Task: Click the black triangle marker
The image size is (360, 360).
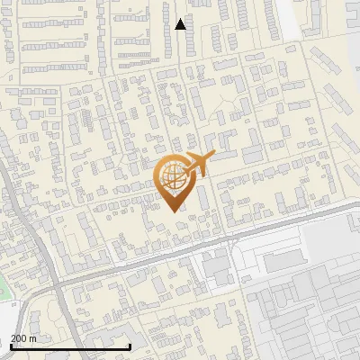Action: (x=180, y=24)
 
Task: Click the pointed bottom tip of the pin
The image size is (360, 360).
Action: (x=174, y=210)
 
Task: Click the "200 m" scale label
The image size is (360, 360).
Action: (x=23, y=338)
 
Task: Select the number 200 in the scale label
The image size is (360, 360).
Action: (x=19, y=338)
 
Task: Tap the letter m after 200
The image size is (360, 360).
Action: (x=33, y=338)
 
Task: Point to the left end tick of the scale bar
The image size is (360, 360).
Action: (x=10, y=345)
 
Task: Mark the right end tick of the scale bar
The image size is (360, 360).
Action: (x=130, y=345)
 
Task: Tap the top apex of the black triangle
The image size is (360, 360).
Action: (x=180, y=18)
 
